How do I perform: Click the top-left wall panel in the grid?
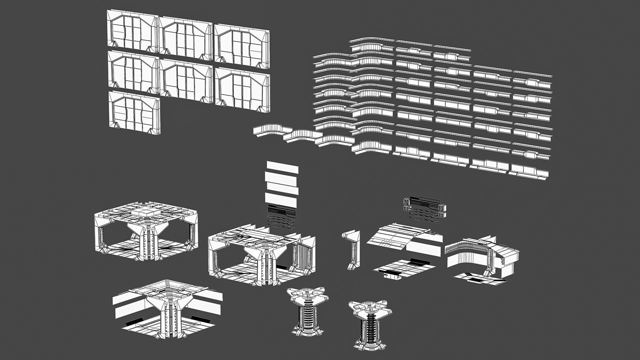pyautogui.click(x=132, y=31)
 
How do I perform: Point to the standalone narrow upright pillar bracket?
pyautogui.click(x=352, y=248)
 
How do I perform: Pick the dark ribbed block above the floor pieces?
pyautogui.click(x=425, y=208)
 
